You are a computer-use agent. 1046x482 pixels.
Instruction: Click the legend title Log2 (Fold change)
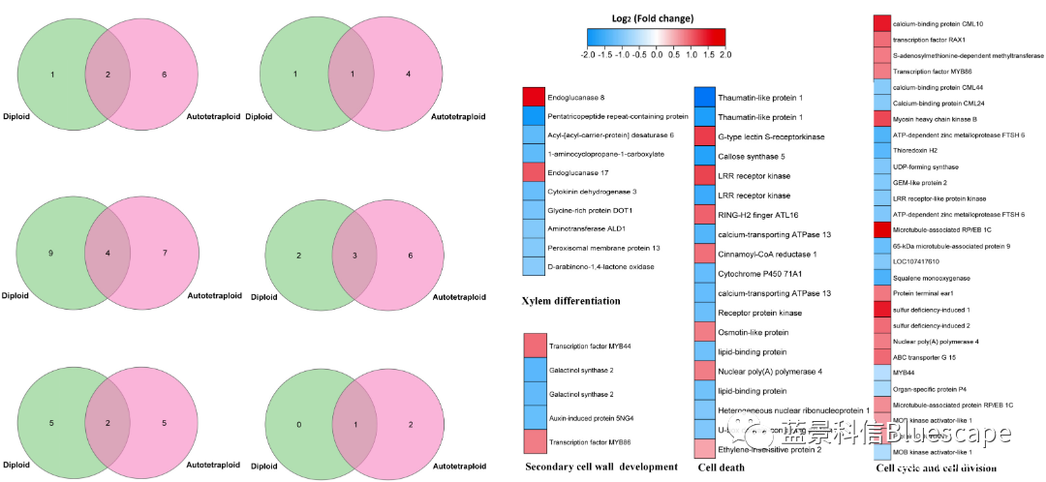tap(655, 17)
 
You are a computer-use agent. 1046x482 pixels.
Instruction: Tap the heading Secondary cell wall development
tap(600, 467)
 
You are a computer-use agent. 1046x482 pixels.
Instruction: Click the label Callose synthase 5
tap(751, 156)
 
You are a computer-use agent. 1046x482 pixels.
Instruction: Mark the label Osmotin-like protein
tap(753, 332)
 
